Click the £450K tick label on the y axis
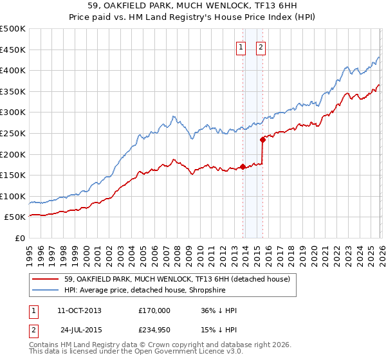pos(13,50)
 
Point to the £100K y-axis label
pos(13,196)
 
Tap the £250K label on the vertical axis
pos(13,133)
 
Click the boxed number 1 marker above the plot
pos(241,46)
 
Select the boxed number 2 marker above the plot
pos(261,46)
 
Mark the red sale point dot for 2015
pos(262,139)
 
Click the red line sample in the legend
pos(46,279)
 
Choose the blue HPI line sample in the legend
pos(46,290)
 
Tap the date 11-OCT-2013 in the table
pos(79,310)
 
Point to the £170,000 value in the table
pos(154,310)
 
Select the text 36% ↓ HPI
pos(219,310)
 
